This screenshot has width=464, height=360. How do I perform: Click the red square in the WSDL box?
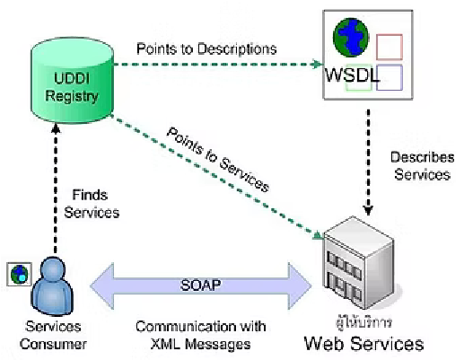click(388, 46)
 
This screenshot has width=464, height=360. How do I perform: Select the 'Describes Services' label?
click(419, 165)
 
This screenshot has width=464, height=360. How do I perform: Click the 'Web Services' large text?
click(362, 342)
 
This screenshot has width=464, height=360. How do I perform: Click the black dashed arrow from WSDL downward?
click(368, 153)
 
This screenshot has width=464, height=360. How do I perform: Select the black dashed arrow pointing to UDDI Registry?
click(56, 189)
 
